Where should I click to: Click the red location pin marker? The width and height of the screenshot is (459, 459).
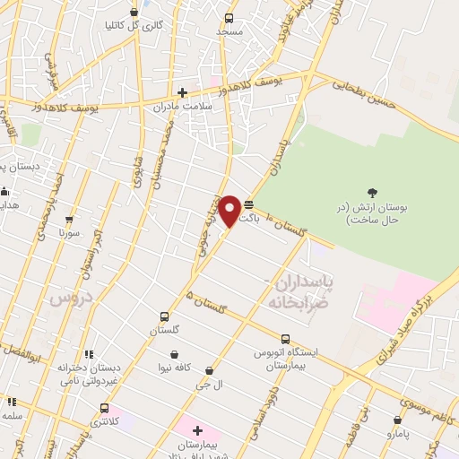(230, 211)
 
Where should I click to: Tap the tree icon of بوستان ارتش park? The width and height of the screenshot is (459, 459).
(372, 192)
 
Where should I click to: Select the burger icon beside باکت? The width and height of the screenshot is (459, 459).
(248, 206)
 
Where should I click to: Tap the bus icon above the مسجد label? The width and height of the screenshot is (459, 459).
(229, 18)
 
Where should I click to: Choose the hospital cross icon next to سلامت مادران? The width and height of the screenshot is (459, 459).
(182, 91)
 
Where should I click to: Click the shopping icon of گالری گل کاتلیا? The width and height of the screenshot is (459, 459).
(134, 12)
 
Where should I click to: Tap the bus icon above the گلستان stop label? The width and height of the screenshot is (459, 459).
(164, 316)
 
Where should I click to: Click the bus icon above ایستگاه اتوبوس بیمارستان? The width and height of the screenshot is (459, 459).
(285, 340)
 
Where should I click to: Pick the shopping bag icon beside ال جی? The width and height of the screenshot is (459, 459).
(210, 370)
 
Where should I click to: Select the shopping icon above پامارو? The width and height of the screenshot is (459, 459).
(397, 419)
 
